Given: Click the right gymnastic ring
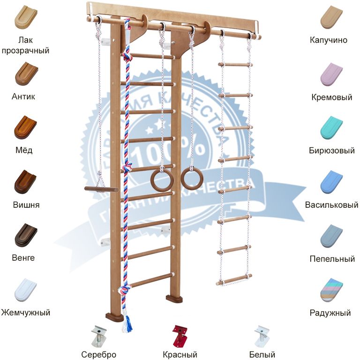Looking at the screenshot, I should [x=191, y=179].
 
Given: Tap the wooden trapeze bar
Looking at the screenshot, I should [x=101, y=189].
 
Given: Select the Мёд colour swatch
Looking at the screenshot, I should [x=25, y=127].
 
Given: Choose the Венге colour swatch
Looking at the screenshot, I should [x=25, y=235].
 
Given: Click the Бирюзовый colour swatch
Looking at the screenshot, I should [x=331, y=127].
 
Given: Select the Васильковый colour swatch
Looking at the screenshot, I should [x=331, y=181].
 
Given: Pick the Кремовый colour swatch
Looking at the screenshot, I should [x=331, y=74].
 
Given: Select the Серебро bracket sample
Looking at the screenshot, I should [x=98, y=336].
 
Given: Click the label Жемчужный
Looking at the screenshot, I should [x=25, y=312].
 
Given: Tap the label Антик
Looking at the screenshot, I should [x=23, y=97].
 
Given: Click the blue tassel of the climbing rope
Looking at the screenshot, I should [x=127, y=323].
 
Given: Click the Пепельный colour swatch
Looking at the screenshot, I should [x=331, y=236].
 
